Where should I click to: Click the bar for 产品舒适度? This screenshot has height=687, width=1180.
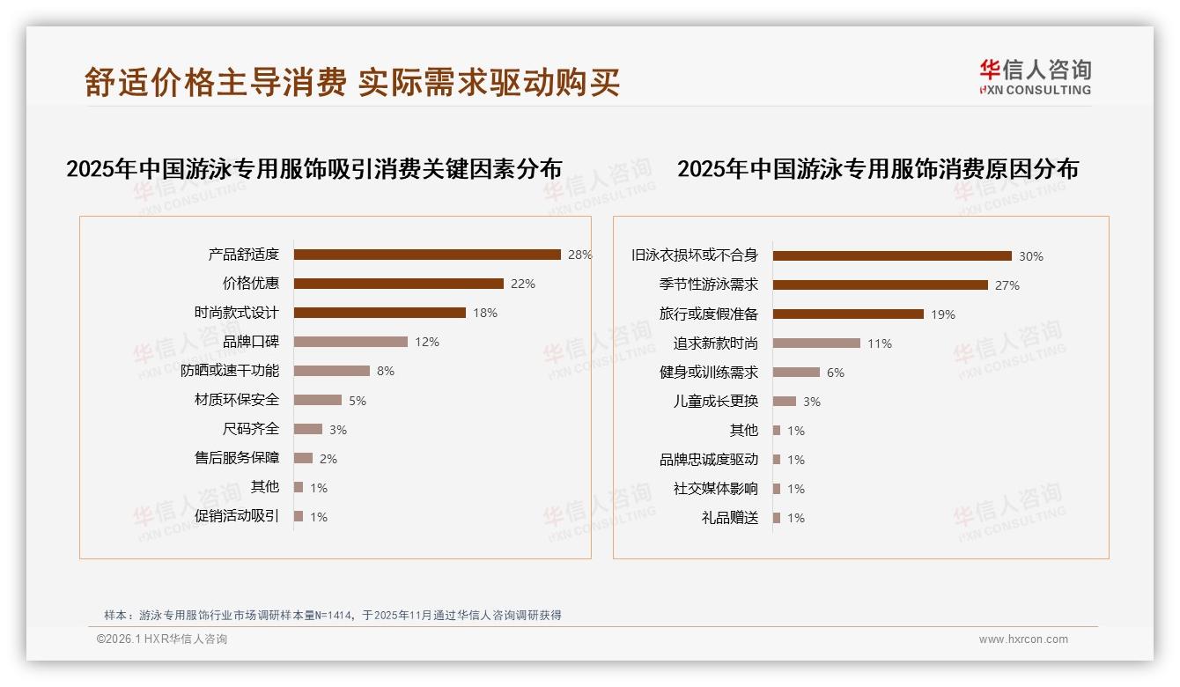coord(427,255)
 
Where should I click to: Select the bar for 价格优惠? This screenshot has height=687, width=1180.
coord(398,284)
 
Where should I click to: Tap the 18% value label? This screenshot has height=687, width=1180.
coord(485,313)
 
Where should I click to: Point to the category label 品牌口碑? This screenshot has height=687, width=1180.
coord(251,342)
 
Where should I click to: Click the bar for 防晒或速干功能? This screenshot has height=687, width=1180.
coord(331,371)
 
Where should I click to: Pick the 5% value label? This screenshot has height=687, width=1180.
coord(357,401)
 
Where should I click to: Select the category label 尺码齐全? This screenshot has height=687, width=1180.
coord(251,429)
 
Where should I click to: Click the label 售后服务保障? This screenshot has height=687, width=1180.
coord(237,458)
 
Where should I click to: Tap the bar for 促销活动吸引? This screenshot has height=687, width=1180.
coord(299,516)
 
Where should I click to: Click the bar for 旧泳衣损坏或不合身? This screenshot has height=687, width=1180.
coord(892,256)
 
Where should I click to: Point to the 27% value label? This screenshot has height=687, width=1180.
coord(1007,285)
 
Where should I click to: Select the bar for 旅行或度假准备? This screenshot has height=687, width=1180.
coord(848,314)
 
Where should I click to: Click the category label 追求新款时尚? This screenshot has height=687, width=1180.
coord(715,343)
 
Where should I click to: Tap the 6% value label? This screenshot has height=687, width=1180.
coord(835,373)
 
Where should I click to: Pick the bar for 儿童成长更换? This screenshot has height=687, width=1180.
coord(784,402)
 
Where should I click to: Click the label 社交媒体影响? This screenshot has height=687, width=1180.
coord(715,489)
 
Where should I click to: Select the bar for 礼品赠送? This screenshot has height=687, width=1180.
coord(777,518)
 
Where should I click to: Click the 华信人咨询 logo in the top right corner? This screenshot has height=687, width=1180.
coord(1035,78)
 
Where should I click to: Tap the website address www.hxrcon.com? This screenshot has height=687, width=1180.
coord(1023,639)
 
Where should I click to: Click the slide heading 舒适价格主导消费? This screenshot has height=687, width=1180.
coord(216,82)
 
